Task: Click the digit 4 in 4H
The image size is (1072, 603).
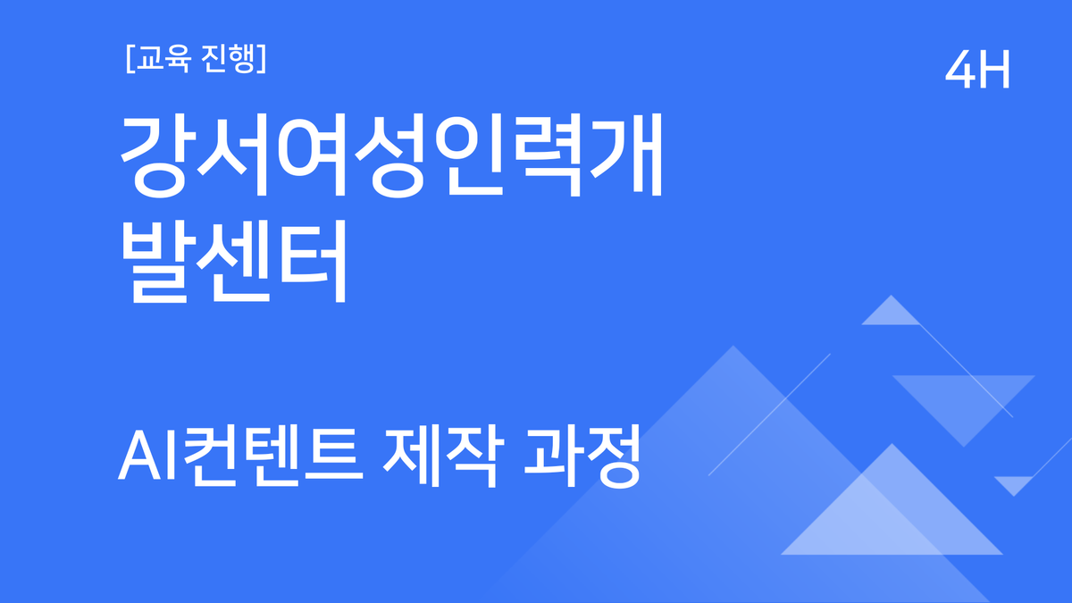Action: [960, 71]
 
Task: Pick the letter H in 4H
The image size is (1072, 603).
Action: [994, 71]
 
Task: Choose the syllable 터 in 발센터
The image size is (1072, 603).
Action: [308, 263]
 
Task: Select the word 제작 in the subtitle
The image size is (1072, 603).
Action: [439, 457]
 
